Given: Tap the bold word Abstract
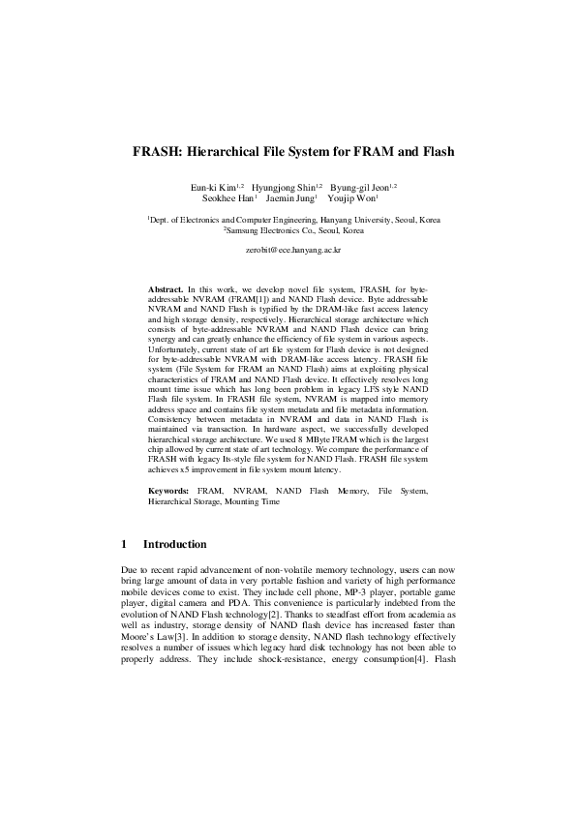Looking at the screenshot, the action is coord(166,289).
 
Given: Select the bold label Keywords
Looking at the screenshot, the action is coord(168,493).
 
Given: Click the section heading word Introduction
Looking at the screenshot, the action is coord(174,545).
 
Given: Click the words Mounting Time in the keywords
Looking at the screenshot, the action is coord(256,503).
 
